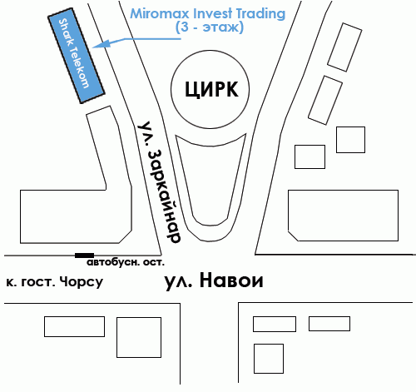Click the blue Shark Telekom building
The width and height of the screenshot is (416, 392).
[77, 56]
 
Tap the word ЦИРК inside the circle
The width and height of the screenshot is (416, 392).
[211, 89]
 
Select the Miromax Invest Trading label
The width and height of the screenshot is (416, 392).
[208, 13]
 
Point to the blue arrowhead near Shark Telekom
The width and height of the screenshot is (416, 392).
[102, 44]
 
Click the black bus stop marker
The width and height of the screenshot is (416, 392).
[84, 256]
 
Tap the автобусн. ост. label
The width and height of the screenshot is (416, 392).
[126, 262]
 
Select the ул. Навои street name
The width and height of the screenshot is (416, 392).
[214, 280]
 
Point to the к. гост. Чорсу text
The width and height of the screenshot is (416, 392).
[54, 282]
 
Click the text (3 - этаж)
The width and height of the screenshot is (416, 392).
[210, 27]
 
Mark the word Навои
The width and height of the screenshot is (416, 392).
[231, 280]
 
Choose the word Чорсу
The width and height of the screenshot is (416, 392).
[82, 282]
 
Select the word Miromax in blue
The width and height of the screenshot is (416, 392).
[160, 13]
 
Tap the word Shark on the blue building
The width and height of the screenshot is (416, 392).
[67, 31]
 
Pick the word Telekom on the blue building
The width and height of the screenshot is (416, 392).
[80, 67]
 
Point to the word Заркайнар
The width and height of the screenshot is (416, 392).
[165, 196]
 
